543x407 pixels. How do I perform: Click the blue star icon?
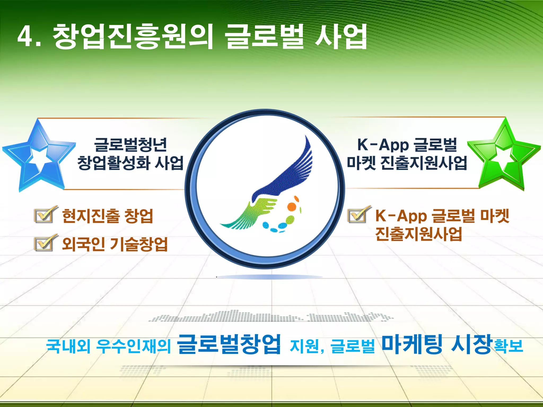click(x=38, y=156)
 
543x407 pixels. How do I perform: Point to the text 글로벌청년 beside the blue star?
click(x=130, y=145)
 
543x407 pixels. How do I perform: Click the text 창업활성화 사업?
click(x=130, y=162)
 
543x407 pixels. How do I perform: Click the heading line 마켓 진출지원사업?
click(x=407, y=162)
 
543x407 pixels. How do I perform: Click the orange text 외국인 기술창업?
click(x=115, y=244)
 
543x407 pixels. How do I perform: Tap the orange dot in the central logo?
click(x=292, y=206)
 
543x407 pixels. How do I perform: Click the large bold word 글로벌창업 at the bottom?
click(x=229, y=344)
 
